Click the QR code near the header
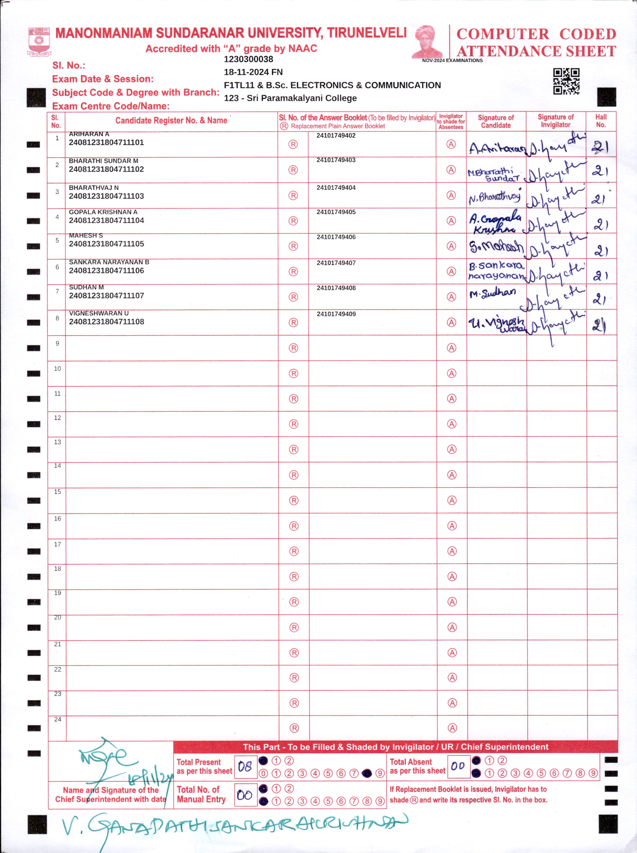(x=566, y=81)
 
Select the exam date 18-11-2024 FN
(x=253, y=72)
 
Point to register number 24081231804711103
(x=106, y=196)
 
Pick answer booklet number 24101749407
(x=336, y=263)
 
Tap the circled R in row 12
(x=294, y=424)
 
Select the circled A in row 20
(x=452, y=627)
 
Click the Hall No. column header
(x=601, y=121)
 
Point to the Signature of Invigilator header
(x=555, y=121)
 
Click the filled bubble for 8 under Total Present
(x=367, y=773)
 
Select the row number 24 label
(x=57, y=720)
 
